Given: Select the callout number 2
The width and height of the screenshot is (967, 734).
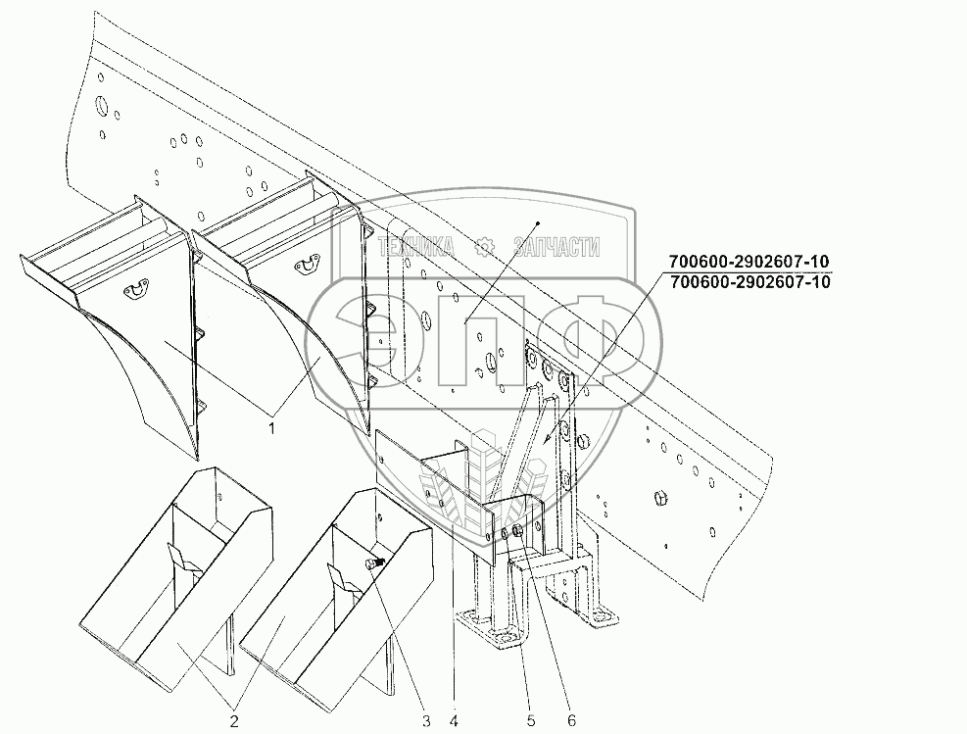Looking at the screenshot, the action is (x=234, y=722).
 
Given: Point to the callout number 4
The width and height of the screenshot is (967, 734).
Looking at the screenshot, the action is (x=453, y=722).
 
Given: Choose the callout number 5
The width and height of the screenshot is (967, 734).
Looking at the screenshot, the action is (x=530, y=722).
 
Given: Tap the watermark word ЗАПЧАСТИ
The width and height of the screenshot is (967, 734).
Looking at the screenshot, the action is (x=556, y=248).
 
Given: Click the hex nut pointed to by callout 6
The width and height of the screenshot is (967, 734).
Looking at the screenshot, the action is (x=516, y=535).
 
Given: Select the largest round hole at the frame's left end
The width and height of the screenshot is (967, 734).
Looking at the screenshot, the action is (x=100, y=105).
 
